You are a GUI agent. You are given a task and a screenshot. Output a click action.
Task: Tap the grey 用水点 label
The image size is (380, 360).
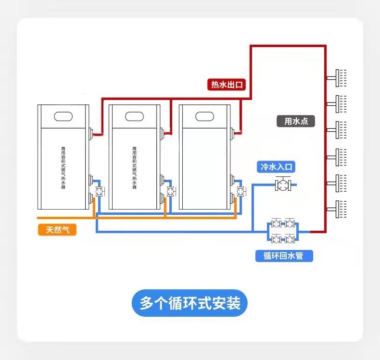point(296,121)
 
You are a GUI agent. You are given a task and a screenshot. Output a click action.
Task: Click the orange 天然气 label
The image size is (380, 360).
point(58,230)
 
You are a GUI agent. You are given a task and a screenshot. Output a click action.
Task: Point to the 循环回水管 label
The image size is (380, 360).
point(284,256)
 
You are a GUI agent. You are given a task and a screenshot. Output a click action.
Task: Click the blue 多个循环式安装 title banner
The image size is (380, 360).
point(190,303)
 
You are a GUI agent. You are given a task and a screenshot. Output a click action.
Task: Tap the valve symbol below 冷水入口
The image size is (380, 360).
point(282,184)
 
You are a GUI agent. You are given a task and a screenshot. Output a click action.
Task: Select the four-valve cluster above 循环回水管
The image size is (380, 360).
point(283,231)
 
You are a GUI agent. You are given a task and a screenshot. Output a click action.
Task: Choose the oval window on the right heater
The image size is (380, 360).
point(204,116)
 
